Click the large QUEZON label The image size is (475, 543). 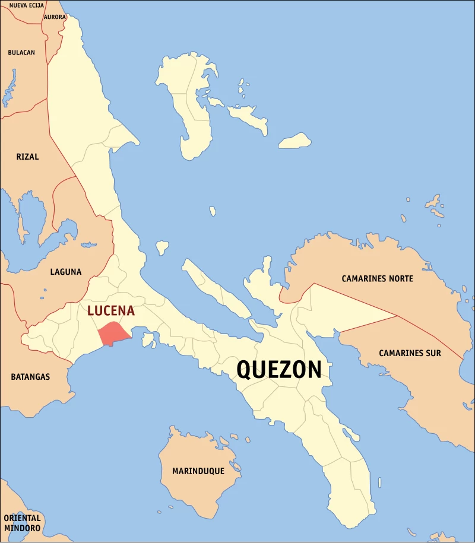(279, 370)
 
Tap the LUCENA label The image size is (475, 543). (111, 311)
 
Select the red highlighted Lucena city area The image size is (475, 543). (112, 334)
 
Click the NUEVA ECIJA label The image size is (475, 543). (27, 5)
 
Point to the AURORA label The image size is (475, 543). (55, 17)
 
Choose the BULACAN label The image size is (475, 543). (21, 52)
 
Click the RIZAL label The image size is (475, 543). (28, 157)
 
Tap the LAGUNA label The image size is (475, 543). (66, 272)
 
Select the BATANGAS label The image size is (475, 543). (30, 377)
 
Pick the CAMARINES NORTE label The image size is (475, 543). (377, 278)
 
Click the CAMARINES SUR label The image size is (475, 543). (410, 353)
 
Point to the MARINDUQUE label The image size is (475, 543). (198, 471)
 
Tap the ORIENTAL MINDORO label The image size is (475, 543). (22, 523)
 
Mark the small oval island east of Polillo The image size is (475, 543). (295, 141)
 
